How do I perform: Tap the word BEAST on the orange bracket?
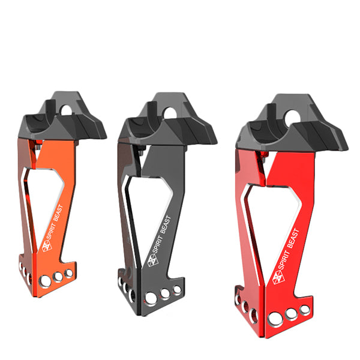click(58, 213)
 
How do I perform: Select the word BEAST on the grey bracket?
click(166, 224)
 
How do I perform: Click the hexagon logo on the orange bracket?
click(47, 246)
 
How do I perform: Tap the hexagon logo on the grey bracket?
click(152, 260)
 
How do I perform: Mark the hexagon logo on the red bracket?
click(278, 277)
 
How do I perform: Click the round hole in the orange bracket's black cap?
click(67, 110)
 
